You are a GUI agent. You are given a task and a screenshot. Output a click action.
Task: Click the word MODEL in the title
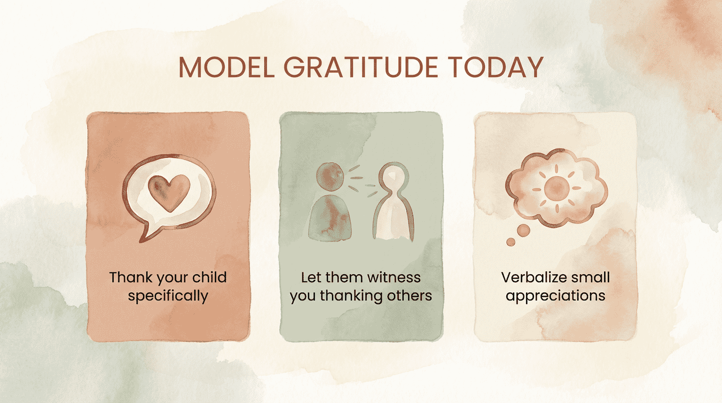coord(226,67)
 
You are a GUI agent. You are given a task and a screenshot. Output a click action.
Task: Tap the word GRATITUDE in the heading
coord(361,67)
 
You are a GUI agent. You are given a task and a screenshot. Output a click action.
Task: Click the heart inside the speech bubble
coord(169,192)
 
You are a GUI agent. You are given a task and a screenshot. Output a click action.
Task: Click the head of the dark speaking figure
coord(330,177)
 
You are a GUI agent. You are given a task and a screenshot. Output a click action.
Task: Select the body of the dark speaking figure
coord(330,219)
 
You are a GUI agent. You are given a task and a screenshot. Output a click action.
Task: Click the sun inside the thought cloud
coord(557,188)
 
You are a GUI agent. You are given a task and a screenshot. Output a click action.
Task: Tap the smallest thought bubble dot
coord(510,242)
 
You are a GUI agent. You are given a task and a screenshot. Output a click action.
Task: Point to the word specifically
coord(168,296)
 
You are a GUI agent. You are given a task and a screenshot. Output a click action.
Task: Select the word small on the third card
coord(591,277)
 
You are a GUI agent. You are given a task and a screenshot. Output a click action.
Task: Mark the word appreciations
coord(556,296)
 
